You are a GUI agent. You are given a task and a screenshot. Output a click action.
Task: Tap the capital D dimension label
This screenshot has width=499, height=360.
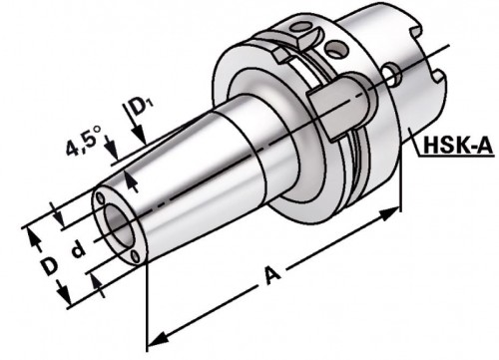(x=50, y=267)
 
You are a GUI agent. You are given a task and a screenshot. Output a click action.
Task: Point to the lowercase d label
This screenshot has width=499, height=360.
(x=79, y=249)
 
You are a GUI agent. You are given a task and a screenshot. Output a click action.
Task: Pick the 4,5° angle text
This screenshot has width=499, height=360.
(x=83, y=143)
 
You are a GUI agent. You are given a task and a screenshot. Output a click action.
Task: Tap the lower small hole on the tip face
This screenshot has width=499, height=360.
(x=135, y=256)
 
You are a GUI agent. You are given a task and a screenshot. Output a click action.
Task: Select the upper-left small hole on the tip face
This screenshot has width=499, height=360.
(x=100, y=198)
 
